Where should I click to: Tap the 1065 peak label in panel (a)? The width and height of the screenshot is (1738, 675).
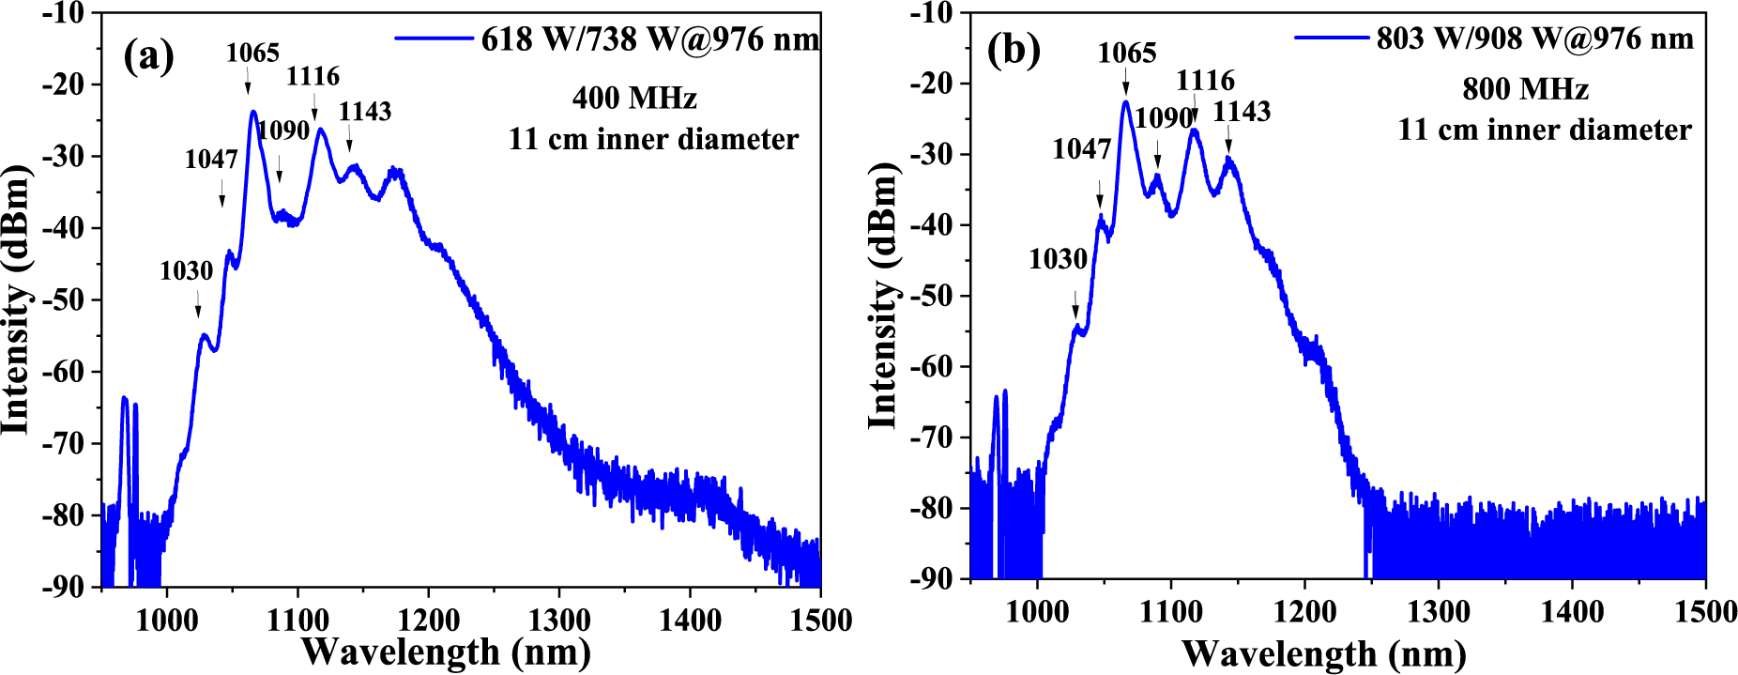pos(252,54)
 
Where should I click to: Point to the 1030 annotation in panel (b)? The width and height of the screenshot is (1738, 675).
pos(1058,259)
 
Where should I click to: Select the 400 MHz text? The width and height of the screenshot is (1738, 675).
pos(634,98)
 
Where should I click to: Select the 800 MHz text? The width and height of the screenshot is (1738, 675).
pos(1525,89)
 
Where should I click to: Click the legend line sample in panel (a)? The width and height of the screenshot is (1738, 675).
pos(433,38)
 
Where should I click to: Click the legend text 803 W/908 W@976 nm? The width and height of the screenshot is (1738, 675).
pos(1535,38)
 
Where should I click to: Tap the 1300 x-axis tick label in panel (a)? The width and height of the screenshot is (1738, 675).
pos(559,621)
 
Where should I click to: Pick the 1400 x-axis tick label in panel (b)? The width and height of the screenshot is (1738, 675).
pos(1572,612)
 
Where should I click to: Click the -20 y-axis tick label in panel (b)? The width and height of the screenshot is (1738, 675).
pos(931,84)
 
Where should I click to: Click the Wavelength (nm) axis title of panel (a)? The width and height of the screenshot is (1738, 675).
pos(446,652)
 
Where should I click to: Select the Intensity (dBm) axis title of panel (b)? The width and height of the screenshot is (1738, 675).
pos(883,295)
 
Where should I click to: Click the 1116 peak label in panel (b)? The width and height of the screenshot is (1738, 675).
pos(1205,81)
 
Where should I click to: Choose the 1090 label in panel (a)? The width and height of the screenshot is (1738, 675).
pos(283,130)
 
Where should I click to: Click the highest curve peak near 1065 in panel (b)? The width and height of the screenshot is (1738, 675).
pos(1125,102)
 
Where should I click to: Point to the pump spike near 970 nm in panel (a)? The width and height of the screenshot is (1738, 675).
pos(124,400)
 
